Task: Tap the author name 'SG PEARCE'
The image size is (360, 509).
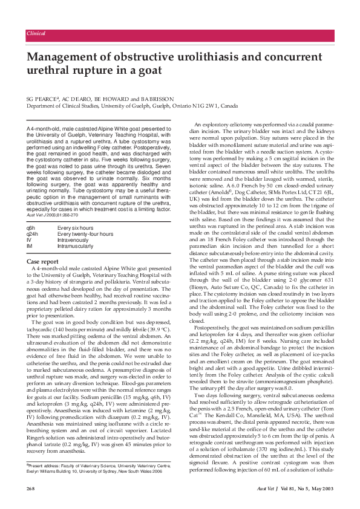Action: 43,97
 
